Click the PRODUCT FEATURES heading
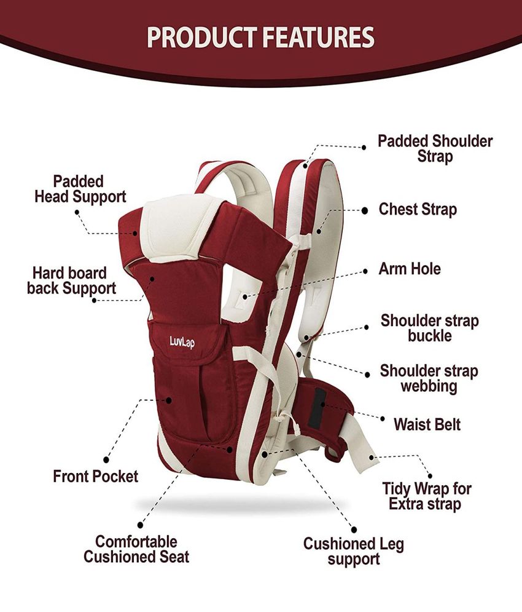[x=260, y=36]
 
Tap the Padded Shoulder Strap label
[x=435, y=148]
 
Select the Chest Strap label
[x=418, y=209]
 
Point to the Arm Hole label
[x=410, y=269]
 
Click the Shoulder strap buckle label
[x=429, y=328]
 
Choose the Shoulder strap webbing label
[x=429, y=378]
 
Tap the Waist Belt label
[x=427, y=424]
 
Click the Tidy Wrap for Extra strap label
[x=427, y=496]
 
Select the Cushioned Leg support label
[x=353, y=551]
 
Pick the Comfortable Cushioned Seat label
[x=136, y=549]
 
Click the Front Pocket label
[x=96, y=476]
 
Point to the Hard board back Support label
[x=71, y=280]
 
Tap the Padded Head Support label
[x=80, y=189]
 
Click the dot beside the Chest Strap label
[x=364, y=210]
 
